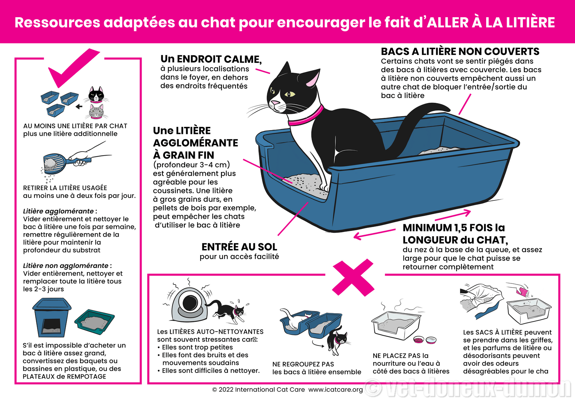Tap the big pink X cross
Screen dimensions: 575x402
(x=353, y=278)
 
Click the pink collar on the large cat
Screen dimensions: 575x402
(x=306, y=117)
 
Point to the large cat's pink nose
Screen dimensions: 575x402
(x=275, y=103)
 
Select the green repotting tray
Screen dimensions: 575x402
(x=95, y=322)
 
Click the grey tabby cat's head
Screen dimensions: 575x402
(x=97, y=112)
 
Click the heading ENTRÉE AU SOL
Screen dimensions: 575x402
(x=239, y=247)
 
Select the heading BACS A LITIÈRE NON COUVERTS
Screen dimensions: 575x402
(x=460, y=51)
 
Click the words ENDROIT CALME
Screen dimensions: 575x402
(x=219, y=59)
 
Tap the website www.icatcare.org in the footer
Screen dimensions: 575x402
(x=336, y=389)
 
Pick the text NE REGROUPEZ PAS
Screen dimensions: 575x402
(x=303, y=364)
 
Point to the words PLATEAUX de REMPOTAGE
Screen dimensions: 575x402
(x=64, y=376)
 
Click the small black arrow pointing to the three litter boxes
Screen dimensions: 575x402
(x=79, y=106)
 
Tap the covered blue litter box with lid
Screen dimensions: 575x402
(x=52, y=318)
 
